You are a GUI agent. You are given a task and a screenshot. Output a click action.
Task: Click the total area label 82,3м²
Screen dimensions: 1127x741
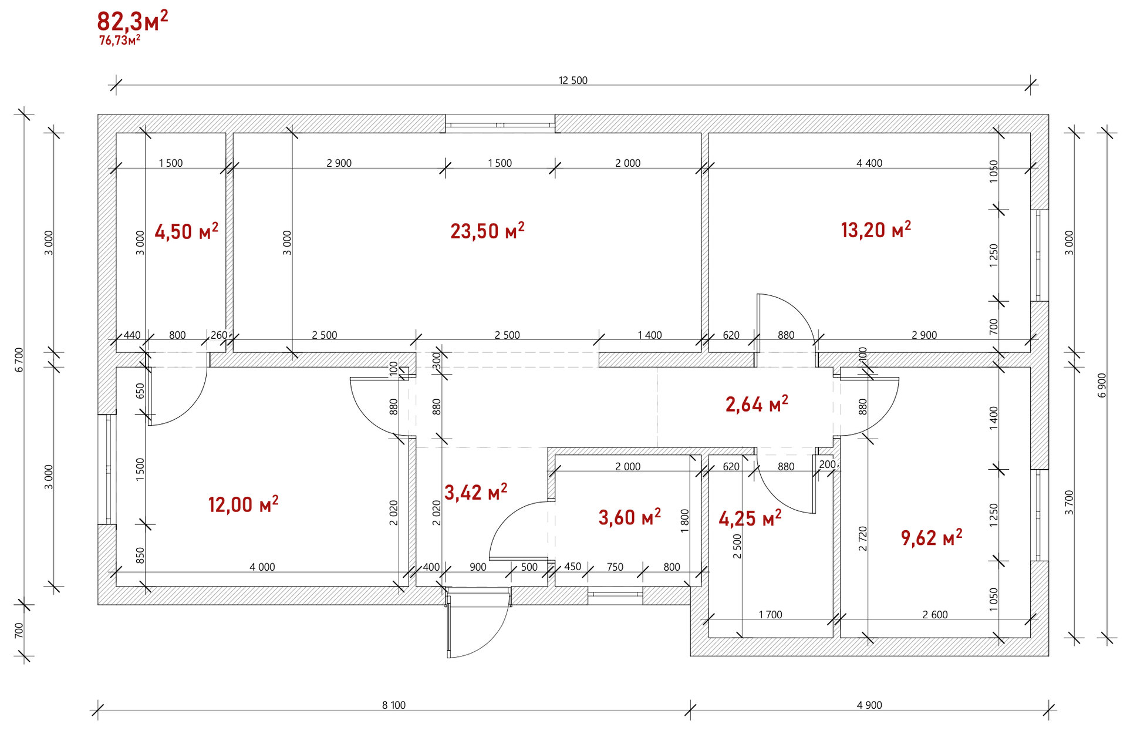(x=133, y=22)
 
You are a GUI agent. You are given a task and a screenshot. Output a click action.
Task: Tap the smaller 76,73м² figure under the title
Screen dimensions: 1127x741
(x=120, y=40)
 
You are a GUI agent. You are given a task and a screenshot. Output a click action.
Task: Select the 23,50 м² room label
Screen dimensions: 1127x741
(x=487, y=230)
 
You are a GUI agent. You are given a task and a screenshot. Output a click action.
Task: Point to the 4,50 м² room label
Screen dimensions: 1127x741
(x=186, y=231)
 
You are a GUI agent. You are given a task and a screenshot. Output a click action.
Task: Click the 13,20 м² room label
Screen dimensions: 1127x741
(x=876, y=229)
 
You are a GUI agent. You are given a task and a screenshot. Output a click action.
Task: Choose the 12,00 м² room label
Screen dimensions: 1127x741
(x=243, y=504)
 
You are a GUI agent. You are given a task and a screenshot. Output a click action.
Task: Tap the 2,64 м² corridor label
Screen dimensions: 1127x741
(x=757, y=404)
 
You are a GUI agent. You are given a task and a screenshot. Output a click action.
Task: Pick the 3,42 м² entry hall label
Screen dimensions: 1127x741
(x=475, y=492)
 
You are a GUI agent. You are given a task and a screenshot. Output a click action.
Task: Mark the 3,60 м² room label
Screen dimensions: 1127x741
(x=629, y=517)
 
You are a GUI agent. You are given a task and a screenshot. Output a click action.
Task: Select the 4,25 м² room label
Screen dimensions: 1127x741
(x=750, y=518)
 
